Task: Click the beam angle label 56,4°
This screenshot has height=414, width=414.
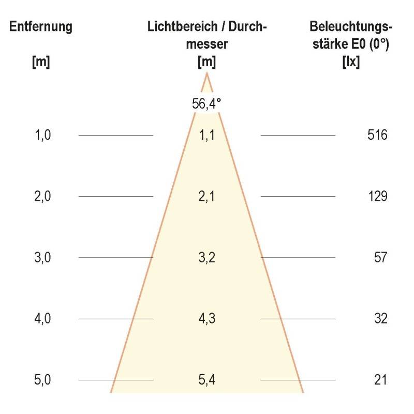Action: pos(206,103)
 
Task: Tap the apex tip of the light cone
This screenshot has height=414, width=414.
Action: pos(207,73)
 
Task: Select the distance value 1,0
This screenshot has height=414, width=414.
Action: pos(42,136)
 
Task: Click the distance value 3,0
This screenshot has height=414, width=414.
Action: pos(42,258)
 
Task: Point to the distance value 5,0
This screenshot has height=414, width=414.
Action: pos(42,380)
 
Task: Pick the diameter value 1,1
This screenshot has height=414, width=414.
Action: pos(207,136)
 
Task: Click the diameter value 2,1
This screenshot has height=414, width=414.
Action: pos(207,197)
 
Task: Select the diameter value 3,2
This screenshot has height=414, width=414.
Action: pos(207,258)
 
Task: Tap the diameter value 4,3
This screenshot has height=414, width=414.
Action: pos(207,319)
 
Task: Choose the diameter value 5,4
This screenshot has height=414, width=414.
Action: pos(207,380)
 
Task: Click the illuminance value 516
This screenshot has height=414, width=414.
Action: pos(377,136)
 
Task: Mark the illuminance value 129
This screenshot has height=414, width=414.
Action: pos(377,197)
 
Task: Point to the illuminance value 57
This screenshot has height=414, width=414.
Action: pos(380,258)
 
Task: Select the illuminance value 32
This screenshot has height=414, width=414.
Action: pos(380,319)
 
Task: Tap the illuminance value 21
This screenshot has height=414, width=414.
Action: pos(380,380)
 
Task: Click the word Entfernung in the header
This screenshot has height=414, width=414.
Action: pos(41,27)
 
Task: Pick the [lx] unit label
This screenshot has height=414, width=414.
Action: pos(351,62)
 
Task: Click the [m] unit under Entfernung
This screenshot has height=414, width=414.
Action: pos(41,62)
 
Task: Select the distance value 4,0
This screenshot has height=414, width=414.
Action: pos(42,319)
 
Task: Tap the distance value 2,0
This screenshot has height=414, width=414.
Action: pos(42,197)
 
